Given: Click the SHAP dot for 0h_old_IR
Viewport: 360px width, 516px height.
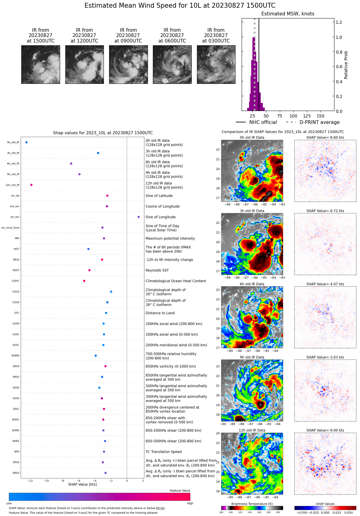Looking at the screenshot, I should click(x=27, y=142).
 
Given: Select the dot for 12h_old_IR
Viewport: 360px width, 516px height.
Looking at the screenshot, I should click(x=31, y=185).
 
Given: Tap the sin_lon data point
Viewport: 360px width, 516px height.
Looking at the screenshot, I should click(x=139, y=217).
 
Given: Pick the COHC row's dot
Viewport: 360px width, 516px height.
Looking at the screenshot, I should click(x=84, y=281).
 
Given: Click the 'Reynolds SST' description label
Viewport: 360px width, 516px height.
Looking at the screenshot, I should click(x=157, y=270).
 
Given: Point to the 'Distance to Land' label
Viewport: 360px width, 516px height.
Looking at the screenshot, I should click(x=160, y=313).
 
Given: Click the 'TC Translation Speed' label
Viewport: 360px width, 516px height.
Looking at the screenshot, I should click(x=163, y=452).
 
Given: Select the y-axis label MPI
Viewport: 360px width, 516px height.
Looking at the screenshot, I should click(x=17, y=239).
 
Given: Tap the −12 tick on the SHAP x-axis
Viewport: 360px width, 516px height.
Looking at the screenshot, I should click(x=30, y=481).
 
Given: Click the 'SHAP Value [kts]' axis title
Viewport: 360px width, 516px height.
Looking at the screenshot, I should click(x=82, y=485).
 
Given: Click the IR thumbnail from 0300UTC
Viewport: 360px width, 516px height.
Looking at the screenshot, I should click(x=216, y=64).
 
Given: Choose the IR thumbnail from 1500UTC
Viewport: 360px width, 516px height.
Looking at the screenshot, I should click(x=41, y=64).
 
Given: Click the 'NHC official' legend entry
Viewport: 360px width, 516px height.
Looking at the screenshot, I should click(x=263, y=122).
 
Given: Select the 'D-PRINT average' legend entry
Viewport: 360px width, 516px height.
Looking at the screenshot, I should click(x=319, y=122).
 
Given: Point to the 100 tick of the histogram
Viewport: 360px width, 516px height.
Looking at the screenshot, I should click(x=293, y=116).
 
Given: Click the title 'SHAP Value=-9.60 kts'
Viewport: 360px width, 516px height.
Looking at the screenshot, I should click(x=325, y=138).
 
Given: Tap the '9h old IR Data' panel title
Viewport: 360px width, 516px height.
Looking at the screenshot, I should click(x=252, y=358).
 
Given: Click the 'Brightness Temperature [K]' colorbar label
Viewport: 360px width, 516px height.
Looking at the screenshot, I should click(x=252, y=504).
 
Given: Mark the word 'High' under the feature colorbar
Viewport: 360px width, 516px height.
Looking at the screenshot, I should click(x=190, y=503).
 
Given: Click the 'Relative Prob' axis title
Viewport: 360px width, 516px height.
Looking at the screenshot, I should click(x=346, y=65).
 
